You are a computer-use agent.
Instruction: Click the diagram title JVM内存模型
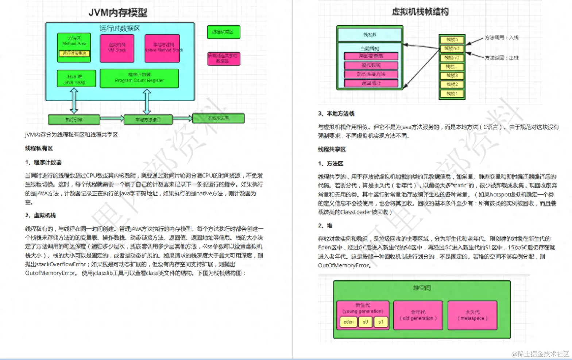click(118, 13)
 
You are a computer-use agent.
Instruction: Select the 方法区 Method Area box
click(74, 41)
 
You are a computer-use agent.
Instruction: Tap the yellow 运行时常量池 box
click(74, 53)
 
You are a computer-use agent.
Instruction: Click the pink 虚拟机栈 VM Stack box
click(117, 47)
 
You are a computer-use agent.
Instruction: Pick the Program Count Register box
click(139, 78)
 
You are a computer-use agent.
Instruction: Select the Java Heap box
click(76, 79)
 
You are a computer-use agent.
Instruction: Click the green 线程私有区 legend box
click(223, 32)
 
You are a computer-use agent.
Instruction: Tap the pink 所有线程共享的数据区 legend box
click(223, 58)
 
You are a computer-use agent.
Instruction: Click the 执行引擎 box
click(74, 119)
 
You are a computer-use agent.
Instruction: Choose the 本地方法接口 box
click(148, 119)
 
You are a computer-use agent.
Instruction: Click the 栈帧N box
click(370, 35)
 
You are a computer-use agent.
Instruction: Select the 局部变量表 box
click(371, 56)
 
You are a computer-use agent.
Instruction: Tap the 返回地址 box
click(371, 83)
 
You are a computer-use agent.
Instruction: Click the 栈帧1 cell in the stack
click(452, 93)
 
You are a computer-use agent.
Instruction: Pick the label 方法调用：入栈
click(501, 38)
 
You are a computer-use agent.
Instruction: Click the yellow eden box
click(348, 322)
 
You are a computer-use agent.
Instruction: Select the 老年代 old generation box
click(418, 315)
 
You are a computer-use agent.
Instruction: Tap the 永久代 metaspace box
click(472, 315)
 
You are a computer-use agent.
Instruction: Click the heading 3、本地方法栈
click(336, 114)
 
